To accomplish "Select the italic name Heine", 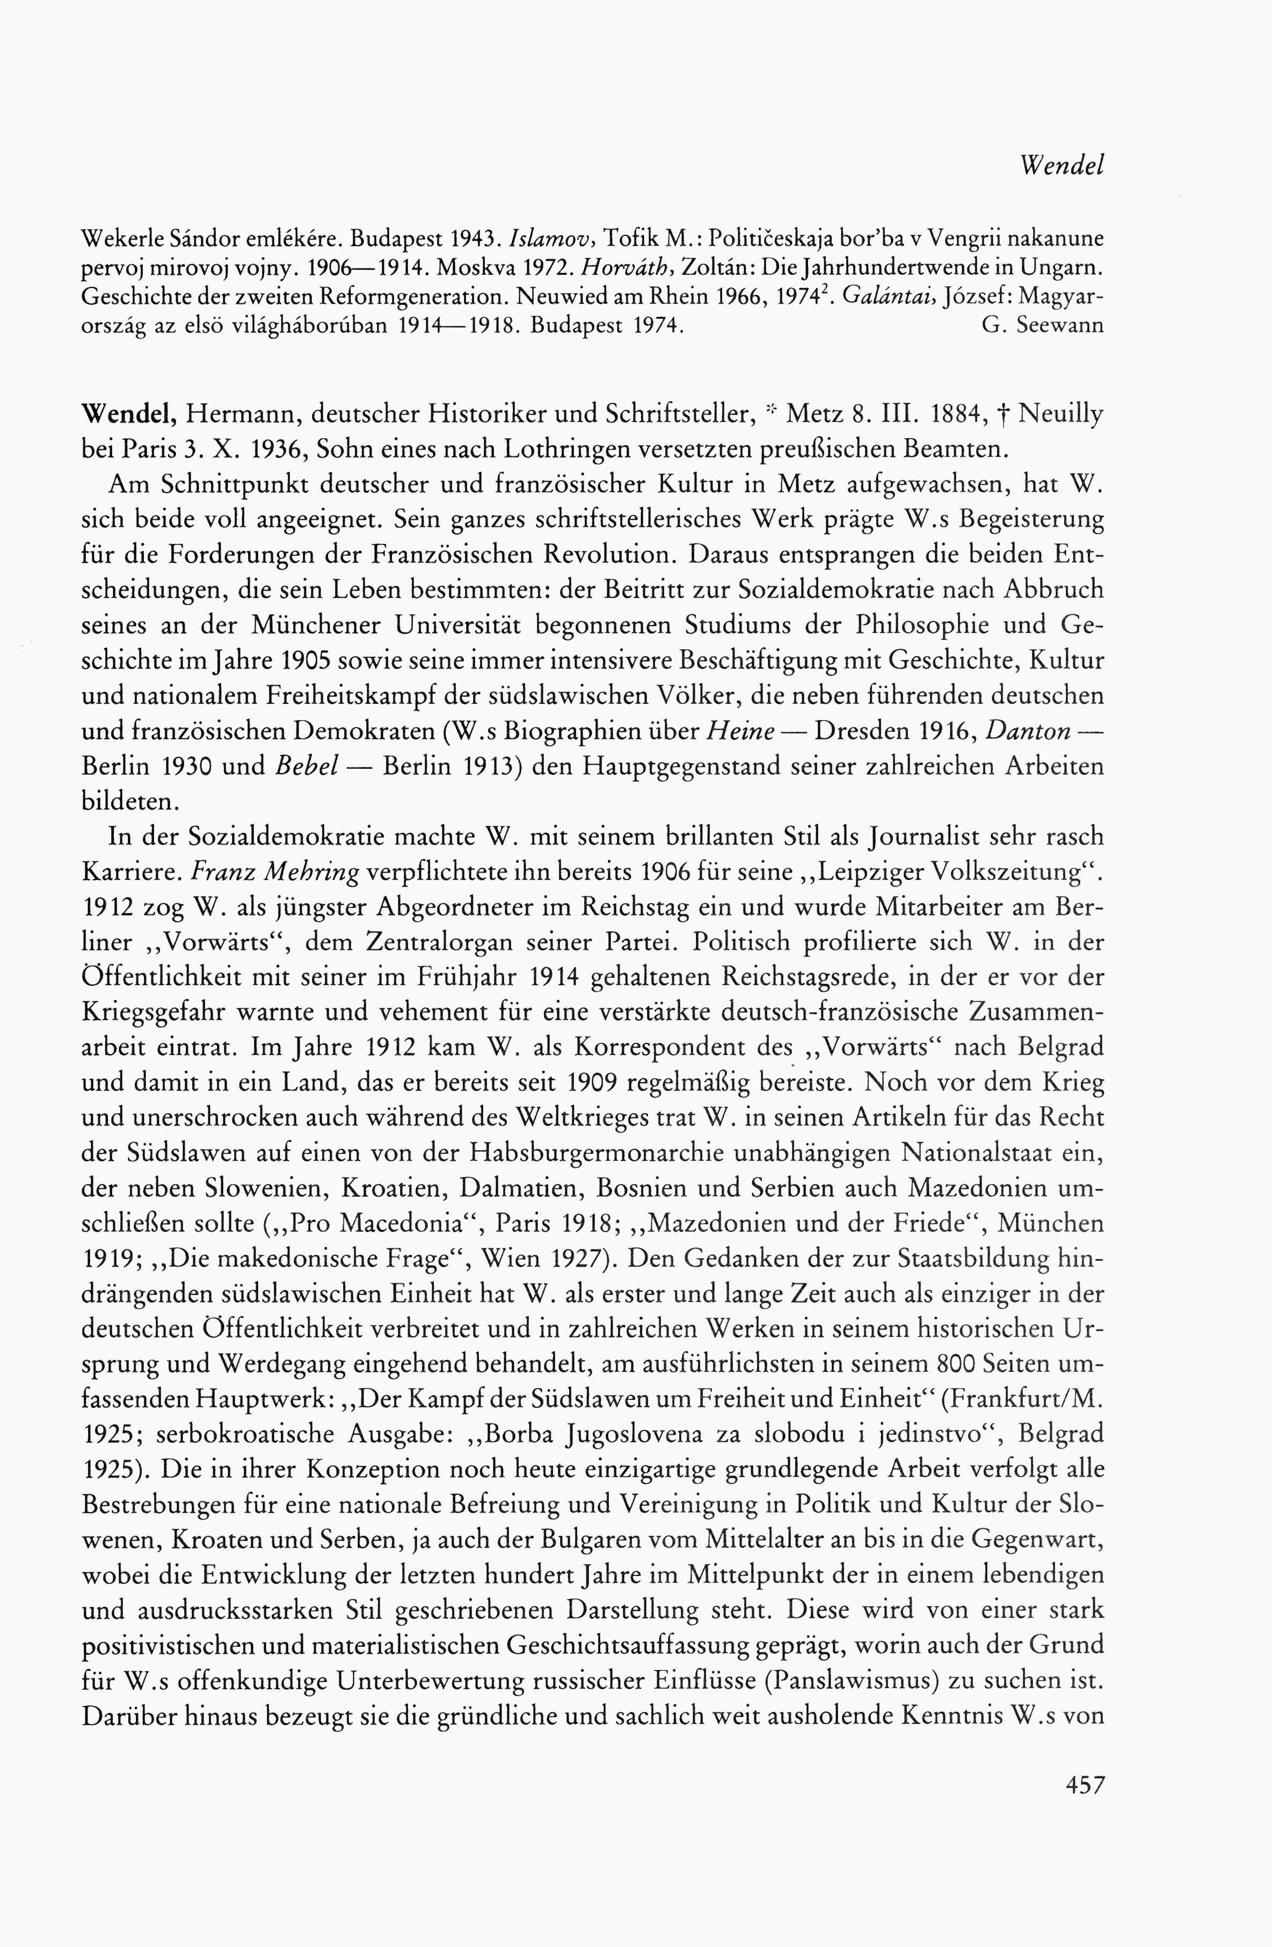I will coord(740,731).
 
